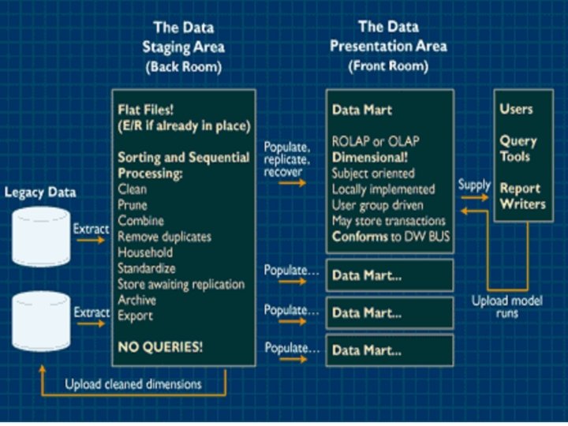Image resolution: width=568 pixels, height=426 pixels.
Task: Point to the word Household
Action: (144, 252)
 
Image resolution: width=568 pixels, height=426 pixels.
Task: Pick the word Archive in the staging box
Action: (136, 300)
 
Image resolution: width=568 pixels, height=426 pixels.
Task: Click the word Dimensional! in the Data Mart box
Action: (368, 157)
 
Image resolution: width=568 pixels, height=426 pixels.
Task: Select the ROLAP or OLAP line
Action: (375, 141)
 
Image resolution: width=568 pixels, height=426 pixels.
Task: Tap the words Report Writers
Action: (521, 196)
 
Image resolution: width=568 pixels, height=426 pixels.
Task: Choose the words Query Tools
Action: (518, 148)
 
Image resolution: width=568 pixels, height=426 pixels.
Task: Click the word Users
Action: (516, 109)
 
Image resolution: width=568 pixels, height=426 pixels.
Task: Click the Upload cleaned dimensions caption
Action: (133, 384)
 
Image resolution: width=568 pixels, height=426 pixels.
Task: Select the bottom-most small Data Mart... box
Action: (390, 348)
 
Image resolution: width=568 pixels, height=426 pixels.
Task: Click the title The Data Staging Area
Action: (183, 47)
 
